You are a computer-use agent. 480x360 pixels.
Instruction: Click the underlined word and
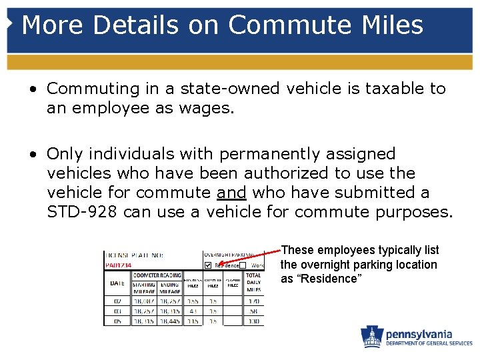[231, 193]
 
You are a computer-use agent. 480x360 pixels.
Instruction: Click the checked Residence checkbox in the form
[208, 265]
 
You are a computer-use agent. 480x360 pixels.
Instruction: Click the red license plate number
[118, 265]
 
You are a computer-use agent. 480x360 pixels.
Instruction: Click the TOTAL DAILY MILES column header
[253, 283]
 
